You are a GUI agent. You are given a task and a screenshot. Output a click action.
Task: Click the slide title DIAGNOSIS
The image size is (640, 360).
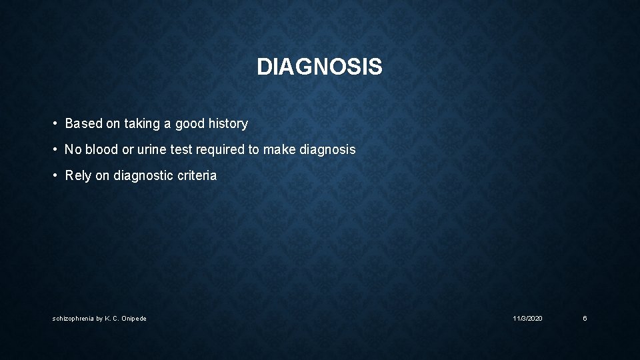pos(319,67)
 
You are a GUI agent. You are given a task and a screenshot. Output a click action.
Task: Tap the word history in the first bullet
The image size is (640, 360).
pos(227,123)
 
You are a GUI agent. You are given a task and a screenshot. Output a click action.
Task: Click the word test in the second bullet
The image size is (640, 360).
pos(181,150)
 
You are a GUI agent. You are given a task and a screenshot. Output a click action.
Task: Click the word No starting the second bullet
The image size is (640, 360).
pos(73,150)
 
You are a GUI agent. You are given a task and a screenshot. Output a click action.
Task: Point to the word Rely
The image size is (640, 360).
pos(79,176)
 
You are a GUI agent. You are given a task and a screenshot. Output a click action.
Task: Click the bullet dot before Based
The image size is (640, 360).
pos(56,123)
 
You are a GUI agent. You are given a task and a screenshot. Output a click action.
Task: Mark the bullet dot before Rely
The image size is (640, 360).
pos(56,176)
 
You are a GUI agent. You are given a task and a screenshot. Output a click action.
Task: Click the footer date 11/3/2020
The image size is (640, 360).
pos(527,319)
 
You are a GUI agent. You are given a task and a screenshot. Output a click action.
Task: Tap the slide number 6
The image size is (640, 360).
pos(585,319)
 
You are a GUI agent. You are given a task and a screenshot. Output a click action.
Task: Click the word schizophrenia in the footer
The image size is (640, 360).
pos(73,319)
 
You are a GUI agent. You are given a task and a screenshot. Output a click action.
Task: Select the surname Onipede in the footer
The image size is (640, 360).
pos(133,319)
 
